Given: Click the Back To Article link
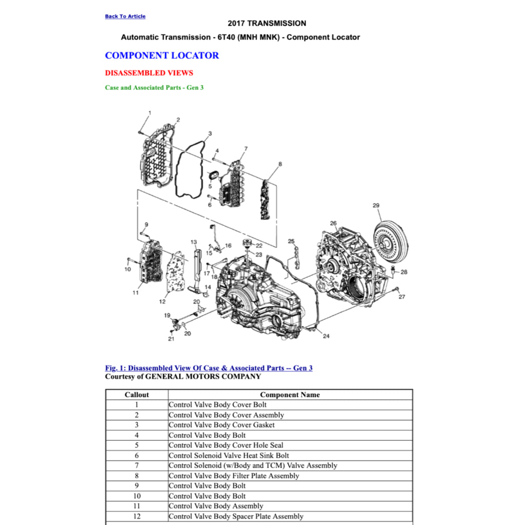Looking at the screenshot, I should click(x=125, y=16).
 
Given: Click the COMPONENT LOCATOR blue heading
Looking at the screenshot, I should click(x=161, y=55).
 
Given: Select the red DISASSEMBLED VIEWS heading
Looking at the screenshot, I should click(x=149, y=73).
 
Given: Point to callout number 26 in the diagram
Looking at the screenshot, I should click(x=333, y=223).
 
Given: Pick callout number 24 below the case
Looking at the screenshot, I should click(x=326, y=336).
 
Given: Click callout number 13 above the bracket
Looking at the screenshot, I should click(x=193, y=242).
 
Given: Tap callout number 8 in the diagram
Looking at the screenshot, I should click(x=280, y=165).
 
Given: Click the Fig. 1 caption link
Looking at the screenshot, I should click(x=209, y=368).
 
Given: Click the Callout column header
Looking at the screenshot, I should click(x=137, y=395).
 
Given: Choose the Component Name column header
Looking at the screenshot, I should click(x=290, y=395).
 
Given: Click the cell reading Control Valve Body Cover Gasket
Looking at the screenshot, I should click(x=221, y=425).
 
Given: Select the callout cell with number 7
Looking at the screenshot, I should click(x=137, y=466).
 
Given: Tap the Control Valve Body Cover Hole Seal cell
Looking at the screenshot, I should click(x=226, y=446).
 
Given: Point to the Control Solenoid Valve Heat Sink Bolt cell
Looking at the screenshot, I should click(x=229, y=455).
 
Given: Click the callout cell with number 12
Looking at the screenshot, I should click(x=137, y=516).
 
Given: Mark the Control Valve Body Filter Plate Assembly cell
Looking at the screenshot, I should click(x=234, y=476).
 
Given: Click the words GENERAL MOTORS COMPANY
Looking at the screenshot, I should click(x=203, y=377).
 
